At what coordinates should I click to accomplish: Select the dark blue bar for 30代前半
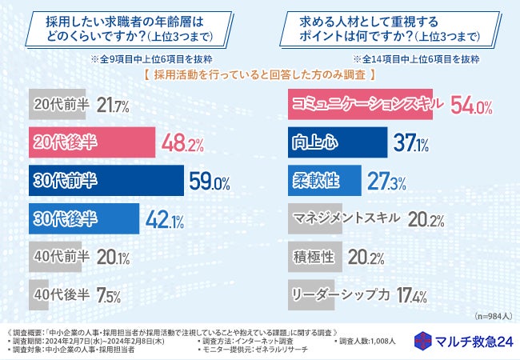point(105,180)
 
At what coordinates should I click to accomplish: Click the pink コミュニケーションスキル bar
point(359,105)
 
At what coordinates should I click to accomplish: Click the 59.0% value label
point(210,181)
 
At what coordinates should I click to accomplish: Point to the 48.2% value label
point(182,143)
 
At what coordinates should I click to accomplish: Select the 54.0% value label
point(471,106)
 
